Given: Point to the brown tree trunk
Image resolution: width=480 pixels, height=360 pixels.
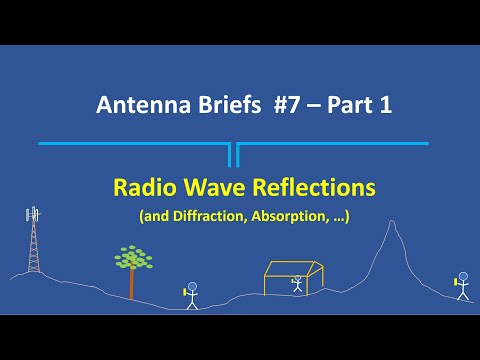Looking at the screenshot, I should pyautogui.click(x=131, y=285).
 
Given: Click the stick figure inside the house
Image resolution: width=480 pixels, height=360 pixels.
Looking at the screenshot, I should pyautogui.click(x=297, y=284).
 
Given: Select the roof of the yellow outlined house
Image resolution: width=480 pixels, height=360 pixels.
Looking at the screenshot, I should pyautogui.click(x=292, y=267).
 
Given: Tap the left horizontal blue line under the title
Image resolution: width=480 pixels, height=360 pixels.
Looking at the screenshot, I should pyautogui.click(x=135, y=144).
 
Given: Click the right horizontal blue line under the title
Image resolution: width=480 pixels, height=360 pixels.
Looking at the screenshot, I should pyautogui.click(x=335, y=144).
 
